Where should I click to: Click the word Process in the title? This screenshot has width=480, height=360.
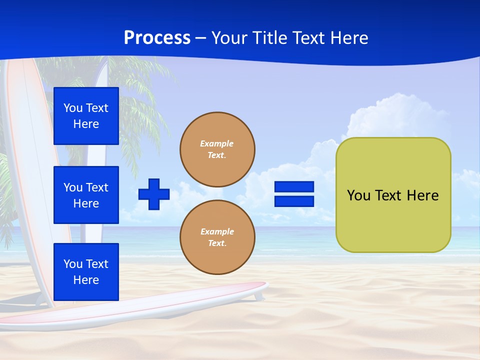tap(157, 38)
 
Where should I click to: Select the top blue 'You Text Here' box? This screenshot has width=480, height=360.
tap(86, 116)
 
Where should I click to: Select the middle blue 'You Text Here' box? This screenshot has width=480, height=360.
tap(86, 195)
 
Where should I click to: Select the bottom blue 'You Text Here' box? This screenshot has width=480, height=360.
tap(86, 272)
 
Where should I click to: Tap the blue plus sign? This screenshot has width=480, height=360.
tap(154, 194)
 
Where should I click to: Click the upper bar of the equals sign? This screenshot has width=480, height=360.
tap(294, 187)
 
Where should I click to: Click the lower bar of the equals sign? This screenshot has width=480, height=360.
tap(294, 201)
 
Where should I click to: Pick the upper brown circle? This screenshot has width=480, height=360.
tap(217, 149)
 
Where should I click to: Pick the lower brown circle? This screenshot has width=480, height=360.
tap(217, 237)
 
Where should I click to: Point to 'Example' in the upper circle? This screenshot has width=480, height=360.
tap(217, 143)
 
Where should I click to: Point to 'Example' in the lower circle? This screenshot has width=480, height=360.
tap(217, 231)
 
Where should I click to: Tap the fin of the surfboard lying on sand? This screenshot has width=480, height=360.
tap(258, 296)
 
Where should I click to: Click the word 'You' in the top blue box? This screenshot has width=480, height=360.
tap(73, 108)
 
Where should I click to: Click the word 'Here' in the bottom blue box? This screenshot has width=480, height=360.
tap(86, 280)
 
